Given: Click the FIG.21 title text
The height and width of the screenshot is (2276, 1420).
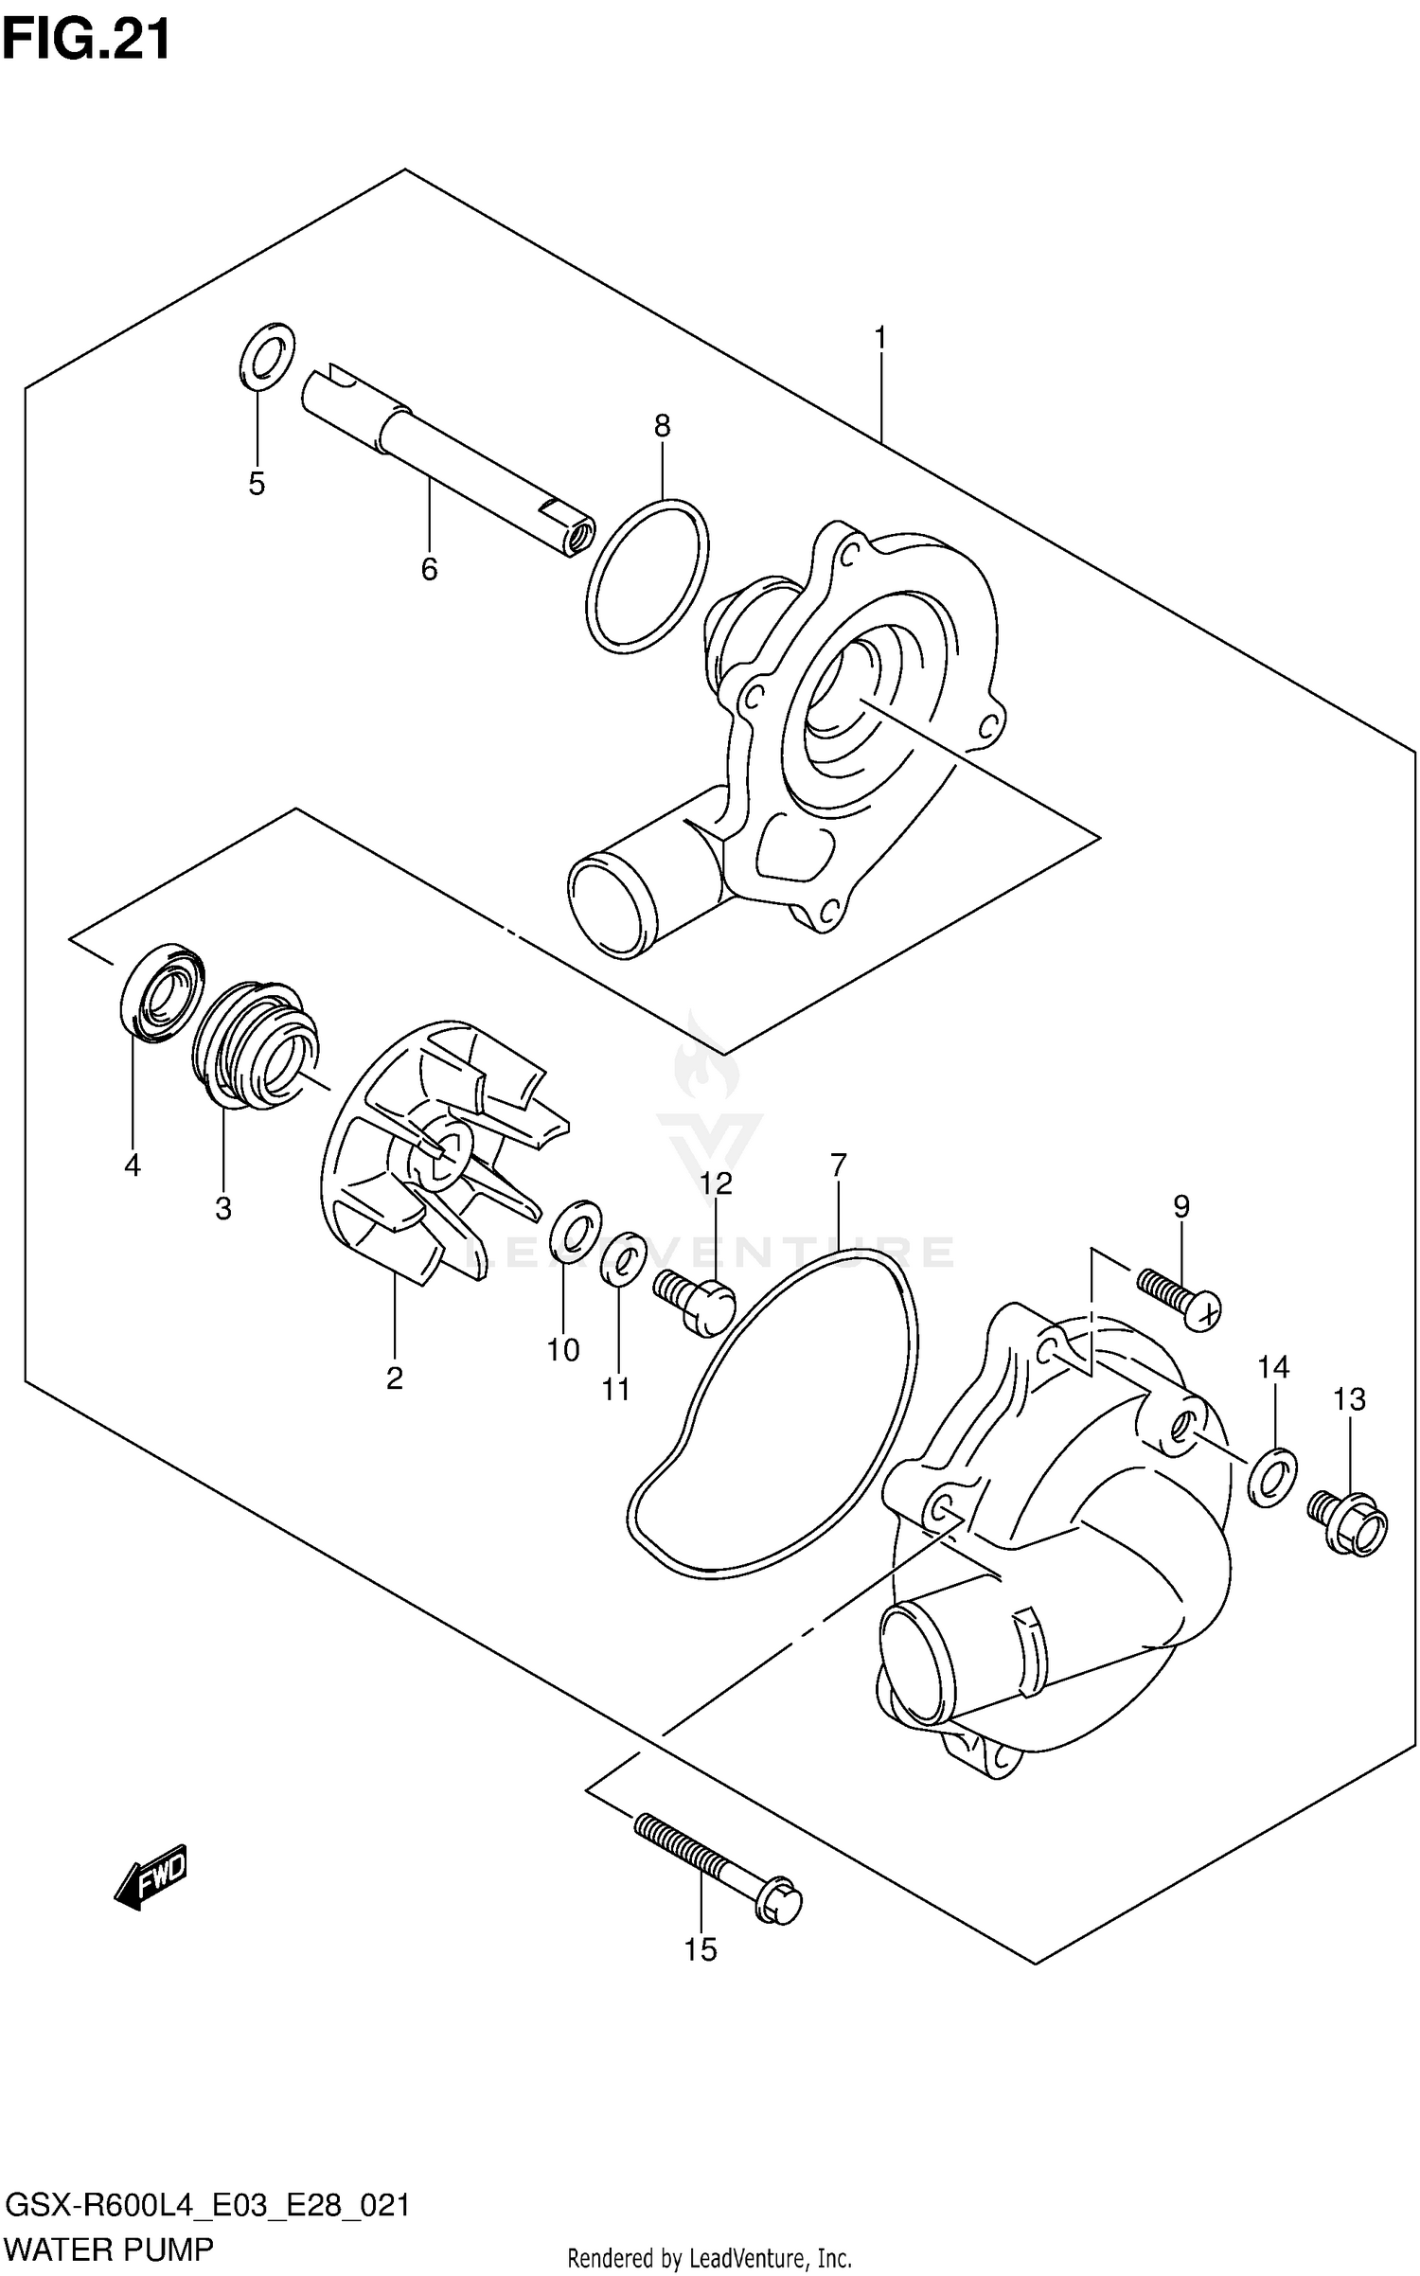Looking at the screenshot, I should tap(87, 40).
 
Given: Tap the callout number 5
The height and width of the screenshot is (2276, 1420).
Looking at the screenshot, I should tap(257, 484).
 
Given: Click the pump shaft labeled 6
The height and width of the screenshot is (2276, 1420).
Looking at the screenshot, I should tap(445, 461).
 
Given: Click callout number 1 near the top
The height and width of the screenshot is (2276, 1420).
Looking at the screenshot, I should tap(879, 337).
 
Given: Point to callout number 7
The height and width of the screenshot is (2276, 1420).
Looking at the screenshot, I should tap(838, 1165).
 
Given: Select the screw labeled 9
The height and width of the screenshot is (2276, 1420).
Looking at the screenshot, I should tap(1180, 1299).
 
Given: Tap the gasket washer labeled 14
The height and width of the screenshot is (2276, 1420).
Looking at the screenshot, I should tap(1272, 1477).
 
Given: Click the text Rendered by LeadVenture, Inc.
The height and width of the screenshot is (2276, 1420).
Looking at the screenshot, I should tap(709, 2260).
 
